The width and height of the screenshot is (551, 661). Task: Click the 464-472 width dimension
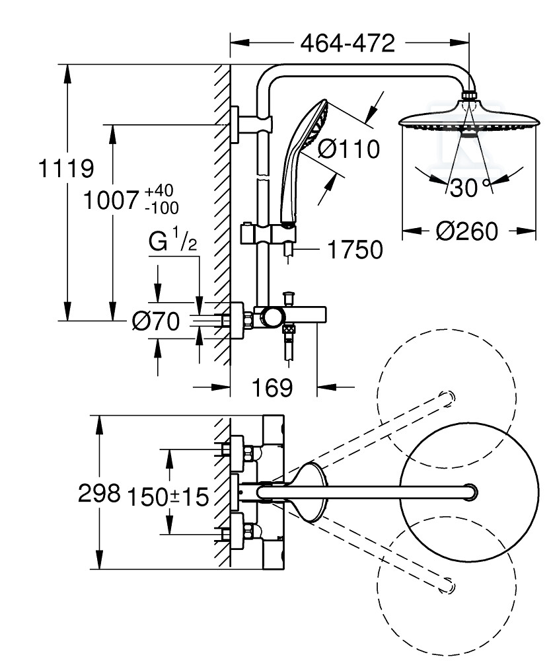[x=348, y=43]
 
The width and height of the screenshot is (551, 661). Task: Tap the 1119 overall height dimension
[x=65, y=168]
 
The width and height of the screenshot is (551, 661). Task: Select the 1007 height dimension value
[x=111, y=200]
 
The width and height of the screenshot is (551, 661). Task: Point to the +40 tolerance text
[x=159, y=190]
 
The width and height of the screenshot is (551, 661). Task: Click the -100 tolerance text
[x=162, y=208]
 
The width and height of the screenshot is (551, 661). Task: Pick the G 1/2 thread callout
[x=172, y=242]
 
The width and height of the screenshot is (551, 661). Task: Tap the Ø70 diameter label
[x=155, y=322]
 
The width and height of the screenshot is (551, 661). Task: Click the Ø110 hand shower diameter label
[x=349, y=149]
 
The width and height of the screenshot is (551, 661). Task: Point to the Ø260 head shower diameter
[x=466, y=231]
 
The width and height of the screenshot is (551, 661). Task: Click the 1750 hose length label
[x=355, y=250]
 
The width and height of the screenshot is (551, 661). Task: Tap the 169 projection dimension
[x=272, y=387]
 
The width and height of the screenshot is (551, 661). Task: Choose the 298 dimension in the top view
[x=99, y=492]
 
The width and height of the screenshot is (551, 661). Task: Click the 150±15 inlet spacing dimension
[x=168, y=496]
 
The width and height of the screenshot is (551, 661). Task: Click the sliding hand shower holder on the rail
[x=268, y=234]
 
